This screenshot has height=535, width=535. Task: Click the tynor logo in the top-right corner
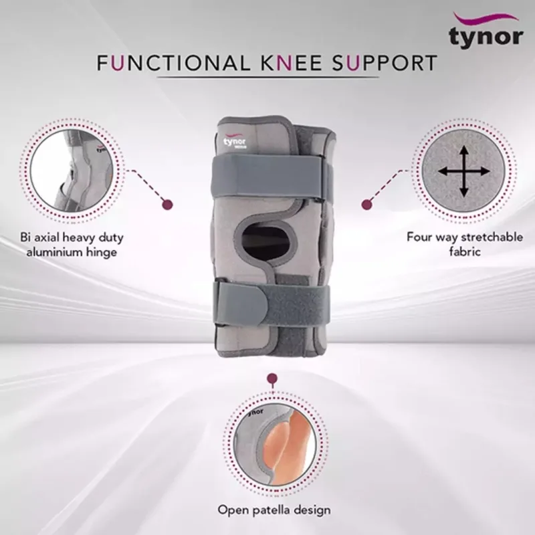coord(486,31)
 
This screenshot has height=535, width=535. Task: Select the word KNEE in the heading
coord(292,63)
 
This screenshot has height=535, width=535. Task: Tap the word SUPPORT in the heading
coord(385,63)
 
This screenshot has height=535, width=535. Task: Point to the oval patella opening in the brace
coord(265,241)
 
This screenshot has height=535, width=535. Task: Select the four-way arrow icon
coord(463,171)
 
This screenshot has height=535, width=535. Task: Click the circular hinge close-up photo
coord(70,171)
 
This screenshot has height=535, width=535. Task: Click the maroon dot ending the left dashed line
coord(167,205)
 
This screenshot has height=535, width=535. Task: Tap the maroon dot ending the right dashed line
coord(366,205)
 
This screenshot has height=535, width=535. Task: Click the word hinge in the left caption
coord(101,253)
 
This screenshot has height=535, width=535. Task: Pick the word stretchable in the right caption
coord(492,237)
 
